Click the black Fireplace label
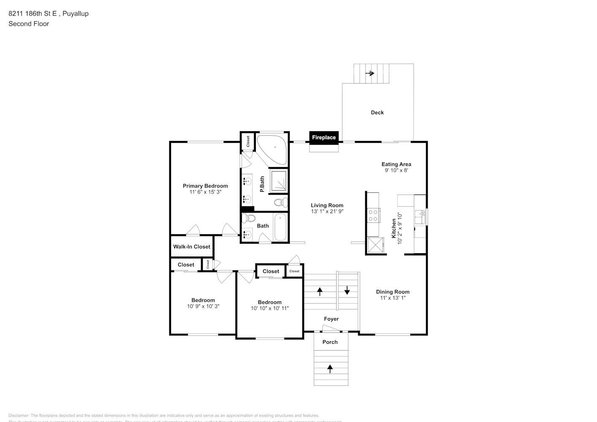pos(324,137)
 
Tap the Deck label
pos(377,112)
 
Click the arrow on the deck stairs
pos(370,73)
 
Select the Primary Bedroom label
pos(205,186)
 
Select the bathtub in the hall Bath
pos(280,227)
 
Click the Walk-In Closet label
pos(192,246)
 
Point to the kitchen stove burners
pos(373,215)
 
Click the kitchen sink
pos(420,217)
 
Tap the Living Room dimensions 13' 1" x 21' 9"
pos(327,211)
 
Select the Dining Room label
pos(393,292)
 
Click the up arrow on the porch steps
pos(330,369)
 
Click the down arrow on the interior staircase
pos(347,290)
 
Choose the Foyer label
pos(331,319)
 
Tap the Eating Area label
pos(396,164)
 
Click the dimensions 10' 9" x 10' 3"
pos(203,306)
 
